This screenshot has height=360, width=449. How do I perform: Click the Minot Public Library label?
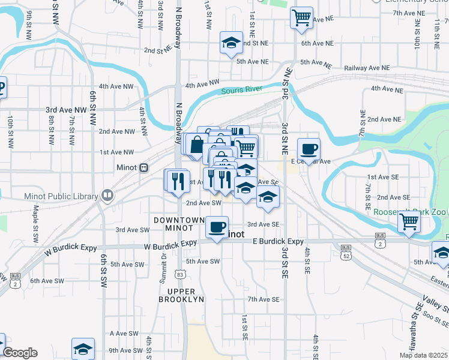pyautogui.click(x=61, y=196)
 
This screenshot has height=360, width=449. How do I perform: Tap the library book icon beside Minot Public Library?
pyautogui.click(x=107, y=195)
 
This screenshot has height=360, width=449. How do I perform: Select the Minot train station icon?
pyautogui.click(x=143, y=167)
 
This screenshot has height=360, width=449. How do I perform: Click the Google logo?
pyautogui.click(x=20, y=353)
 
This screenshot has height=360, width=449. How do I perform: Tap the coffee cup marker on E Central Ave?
pyautogui.click(x=309, y=149)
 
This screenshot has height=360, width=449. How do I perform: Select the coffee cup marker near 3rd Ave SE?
pyautogui.click(x=217, y=227)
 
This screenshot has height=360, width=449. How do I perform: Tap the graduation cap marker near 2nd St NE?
pyautogui.click(x=231, y=43)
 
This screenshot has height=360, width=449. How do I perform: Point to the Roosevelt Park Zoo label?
pyautogui.click(x=408, y=212)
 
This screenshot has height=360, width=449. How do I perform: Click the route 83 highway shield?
pyautogui.click(x=180, y=274)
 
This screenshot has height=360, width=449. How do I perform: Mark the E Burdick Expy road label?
pyautogui.click(x=278, y=241)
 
